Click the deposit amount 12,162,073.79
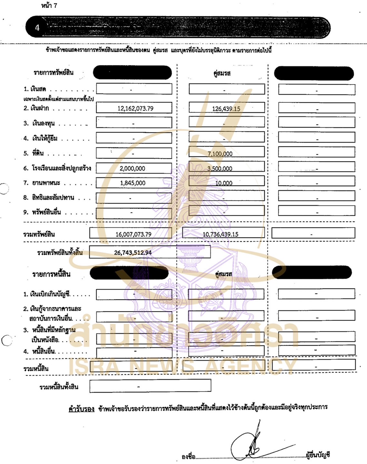click(135, 109)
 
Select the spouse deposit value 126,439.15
click(226, 109)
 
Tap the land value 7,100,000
click(220, 154)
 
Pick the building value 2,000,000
click(132, 168)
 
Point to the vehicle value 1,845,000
click(132, 183)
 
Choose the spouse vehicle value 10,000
click(224, 183)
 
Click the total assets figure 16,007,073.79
click(133, 234)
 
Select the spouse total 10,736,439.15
click(220, 234)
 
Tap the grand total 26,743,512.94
click(133, 252)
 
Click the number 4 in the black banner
click(37, 28)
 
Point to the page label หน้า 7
click(49, 5)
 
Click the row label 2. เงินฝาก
click(36, 108)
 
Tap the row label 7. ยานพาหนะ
click(42, 183)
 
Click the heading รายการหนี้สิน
click(51, 274)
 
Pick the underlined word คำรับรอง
click(81, 409)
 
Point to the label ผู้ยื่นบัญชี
click(318, 455)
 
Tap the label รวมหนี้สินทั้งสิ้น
click(59, 387)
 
